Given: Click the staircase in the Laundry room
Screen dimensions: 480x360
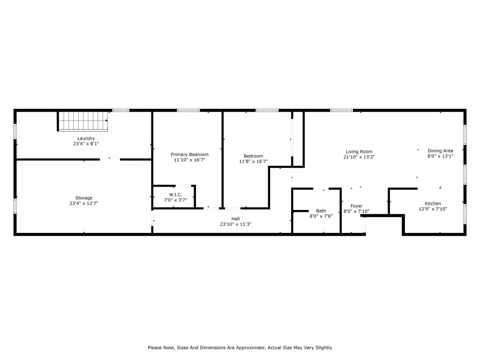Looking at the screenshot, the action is click(x=83, y=121).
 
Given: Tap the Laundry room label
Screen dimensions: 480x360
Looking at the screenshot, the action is click(x=86, y=138).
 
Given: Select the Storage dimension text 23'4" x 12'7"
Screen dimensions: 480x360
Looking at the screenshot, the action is click(x=83, y=203).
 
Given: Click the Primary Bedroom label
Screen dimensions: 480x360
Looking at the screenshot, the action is click(x=189, y=155).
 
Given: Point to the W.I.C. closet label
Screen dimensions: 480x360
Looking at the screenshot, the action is click(x=175, y=195).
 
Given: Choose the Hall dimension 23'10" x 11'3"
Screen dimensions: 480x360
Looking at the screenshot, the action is click(x=235, y=224).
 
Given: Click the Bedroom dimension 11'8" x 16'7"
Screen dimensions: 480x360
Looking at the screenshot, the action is click(x=254, y=161).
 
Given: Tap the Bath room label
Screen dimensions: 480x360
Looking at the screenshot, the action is click(x=321, y=210).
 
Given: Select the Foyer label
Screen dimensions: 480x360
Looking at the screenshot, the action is click(x=357, y=206).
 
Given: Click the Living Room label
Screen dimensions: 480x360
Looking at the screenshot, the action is click(x=359, y=151).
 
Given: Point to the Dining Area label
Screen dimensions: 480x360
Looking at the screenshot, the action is click(x=440, y=150).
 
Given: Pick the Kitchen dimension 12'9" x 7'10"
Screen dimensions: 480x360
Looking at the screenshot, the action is click(x=433, y=209).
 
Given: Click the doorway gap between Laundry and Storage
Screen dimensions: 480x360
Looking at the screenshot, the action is click(x=110, y=159).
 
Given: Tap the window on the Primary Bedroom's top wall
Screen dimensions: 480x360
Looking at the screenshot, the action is click(x=188, y=110).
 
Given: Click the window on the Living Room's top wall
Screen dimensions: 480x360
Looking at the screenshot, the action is click(x=341, y=110).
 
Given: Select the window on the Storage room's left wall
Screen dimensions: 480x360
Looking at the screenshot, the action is click(x=15, y=206).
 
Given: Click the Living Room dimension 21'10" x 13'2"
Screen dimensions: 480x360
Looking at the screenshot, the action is click(x=359, y=157).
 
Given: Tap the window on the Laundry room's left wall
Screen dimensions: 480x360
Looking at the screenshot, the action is click(x=15, y=131).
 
